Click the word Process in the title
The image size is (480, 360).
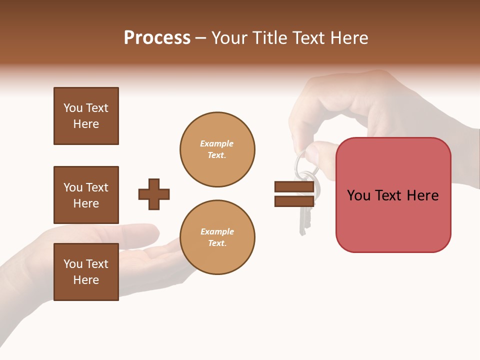pos(157,38)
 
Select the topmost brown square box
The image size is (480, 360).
pos(86,116)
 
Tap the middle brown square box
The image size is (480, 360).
pos(86,195)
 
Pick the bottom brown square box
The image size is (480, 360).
pos(86,272)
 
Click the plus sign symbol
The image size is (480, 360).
pos(154,194)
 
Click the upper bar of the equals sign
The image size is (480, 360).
pos(294,186)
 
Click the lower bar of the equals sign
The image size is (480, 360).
pos(294,201)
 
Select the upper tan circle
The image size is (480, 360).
pos(217,149)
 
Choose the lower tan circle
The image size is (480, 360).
pos(217,237)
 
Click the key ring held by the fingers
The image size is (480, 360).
pos(301,162)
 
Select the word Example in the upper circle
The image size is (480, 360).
pos(217,143)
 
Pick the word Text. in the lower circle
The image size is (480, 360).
pos(217,243)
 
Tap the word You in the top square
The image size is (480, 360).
pos(73,108)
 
